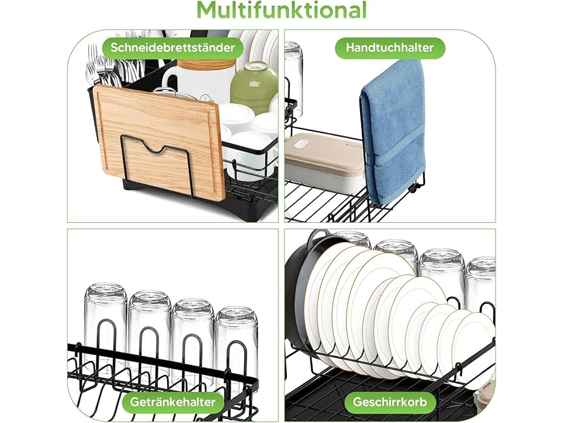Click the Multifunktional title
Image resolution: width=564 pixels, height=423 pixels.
coord(281,10)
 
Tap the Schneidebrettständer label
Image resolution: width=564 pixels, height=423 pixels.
coord(172,47)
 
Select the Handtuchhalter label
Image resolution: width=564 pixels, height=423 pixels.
coord(390,47)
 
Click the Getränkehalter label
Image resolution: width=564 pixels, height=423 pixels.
coord(172,401)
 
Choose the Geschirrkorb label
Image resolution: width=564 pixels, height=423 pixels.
coord(390,401)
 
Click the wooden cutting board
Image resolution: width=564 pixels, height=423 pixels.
coord(159,141)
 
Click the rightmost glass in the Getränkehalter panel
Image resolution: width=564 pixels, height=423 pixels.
coord(236,345)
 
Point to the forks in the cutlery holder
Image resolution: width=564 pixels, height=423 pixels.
coord(103,68)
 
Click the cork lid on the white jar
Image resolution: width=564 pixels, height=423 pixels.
coord(205,66)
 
